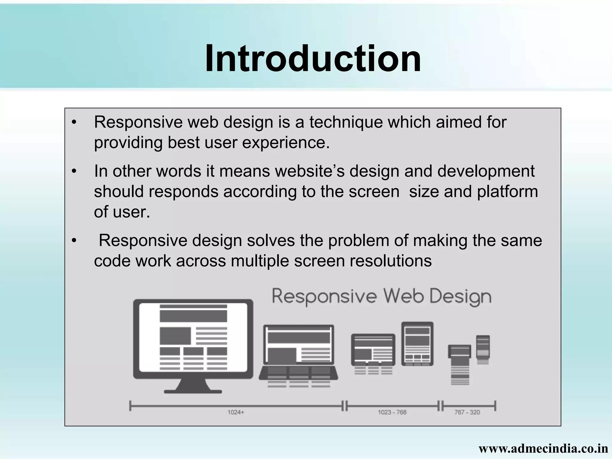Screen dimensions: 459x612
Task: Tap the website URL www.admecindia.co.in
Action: pyautogui.click(x=543, y=448)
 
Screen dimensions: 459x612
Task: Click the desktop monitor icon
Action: pyautogui.click(x=193, y=339)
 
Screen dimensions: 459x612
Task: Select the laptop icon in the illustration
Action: pyautogui.click(x=299, y=353)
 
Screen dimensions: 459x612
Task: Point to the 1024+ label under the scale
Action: pyautogui.click(x=236, y=412)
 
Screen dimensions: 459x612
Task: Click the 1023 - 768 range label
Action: pyautogui.click(x=392, y=412)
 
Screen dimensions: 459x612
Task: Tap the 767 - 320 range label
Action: pyautogui.click(x=467, y=412)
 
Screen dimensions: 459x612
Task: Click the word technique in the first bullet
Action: pyautogui.click(x=346, y=122)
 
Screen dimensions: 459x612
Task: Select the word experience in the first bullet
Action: pyautogui.click(x=286, y=143)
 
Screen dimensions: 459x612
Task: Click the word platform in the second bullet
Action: pyautogui.click(x=507, y=192)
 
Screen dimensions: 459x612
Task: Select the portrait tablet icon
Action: pyautogui.click(x=417, y=344)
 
